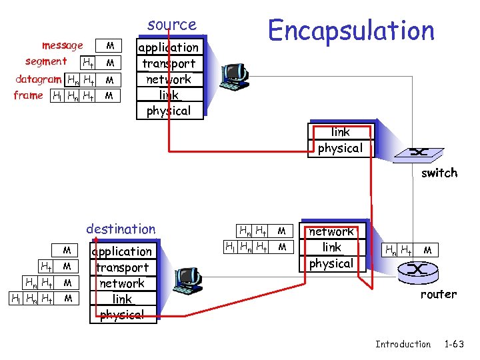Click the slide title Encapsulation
pos(351,30)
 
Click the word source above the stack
pos(172,25)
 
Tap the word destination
pos(121,229)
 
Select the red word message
pos(62,45)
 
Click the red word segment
pos(46,61)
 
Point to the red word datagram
pos(39,79)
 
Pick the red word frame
pos(28,95)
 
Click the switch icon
pos(419,153)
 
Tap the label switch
pos(439,173)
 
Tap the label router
pos(438,294)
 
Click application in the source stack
pos(168,47)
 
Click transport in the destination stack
pos(122,267)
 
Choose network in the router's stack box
pos(331,231)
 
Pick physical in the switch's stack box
pos(340,148)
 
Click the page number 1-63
pos(454,344)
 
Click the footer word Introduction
pos(403,344)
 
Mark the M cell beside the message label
pos(111,46)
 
